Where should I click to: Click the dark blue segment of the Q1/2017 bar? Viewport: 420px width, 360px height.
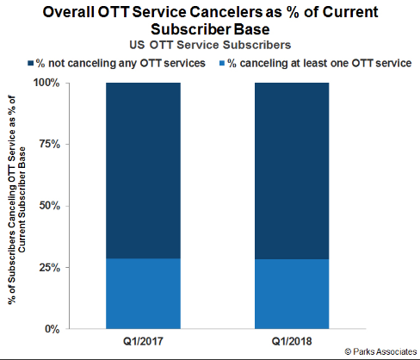[x=143, y=171]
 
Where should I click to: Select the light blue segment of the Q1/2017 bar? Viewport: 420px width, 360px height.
[x=143, y=294]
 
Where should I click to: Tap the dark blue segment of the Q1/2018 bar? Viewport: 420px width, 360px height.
[x=292, y=171]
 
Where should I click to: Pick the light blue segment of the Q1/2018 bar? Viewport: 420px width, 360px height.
[x=292, y=294]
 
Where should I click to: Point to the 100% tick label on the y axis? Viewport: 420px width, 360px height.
[x=46, y=83]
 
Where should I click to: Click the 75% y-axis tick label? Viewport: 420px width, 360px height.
[x=50, y=144]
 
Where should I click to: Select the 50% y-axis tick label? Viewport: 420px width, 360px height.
[x=50, y=206]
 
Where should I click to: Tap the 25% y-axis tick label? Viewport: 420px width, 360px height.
[x=50, y=268]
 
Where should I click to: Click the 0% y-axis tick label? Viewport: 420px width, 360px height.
[x=52, y=329]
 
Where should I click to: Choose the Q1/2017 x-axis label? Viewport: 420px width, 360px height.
[x=143, y=341]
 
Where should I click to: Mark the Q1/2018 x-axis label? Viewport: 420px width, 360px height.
[x=292, y=341]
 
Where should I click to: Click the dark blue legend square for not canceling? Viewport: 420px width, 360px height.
[x=31, y=63]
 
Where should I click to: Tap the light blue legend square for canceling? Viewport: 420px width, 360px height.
[x=222, y=63]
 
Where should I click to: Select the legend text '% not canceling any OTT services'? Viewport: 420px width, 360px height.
[x=120, y=63]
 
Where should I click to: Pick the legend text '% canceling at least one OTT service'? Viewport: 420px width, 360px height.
[x=319, y=63]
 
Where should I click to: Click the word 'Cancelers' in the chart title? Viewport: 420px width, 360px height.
[x=226, y=12]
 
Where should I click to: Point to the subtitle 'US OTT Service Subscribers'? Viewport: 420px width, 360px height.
[x=210, y=45]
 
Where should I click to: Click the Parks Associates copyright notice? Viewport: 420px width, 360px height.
[x=380, y=351]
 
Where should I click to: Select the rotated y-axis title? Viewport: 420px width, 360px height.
[x=16, y=200]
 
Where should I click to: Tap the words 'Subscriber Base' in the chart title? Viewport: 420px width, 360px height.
[x=210, y=29]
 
